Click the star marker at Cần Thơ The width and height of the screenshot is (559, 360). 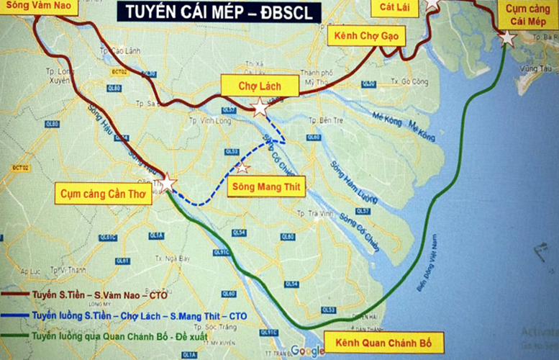click(x=167, y=183)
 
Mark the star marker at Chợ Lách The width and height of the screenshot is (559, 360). click(x=259, y=108)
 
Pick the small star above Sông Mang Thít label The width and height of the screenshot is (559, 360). click(x=242, y=167)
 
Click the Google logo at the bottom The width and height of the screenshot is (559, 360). click(x=308, y=351)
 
